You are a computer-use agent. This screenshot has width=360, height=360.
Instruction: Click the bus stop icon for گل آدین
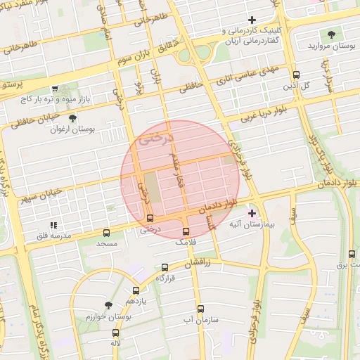296,75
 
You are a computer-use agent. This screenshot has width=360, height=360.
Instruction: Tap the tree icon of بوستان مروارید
331,34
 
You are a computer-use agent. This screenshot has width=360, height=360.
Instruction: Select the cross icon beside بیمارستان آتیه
252,212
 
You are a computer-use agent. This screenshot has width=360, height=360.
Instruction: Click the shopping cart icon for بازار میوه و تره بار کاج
54,89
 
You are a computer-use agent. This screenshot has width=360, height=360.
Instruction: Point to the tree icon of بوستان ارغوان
73,118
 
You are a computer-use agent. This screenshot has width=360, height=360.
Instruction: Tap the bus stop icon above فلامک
186,231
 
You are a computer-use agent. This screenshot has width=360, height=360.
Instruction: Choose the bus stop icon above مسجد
106,232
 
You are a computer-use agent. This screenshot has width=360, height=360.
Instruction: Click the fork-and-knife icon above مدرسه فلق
53,225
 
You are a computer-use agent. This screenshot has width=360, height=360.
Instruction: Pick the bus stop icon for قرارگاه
165,267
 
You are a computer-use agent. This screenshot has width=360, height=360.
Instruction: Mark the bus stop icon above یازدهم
136,290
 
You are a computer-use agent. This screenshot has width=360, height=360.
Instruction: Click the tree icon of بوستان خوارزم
108,305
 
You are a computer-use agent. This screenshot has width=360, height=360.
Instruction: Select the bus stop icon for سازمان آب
200,308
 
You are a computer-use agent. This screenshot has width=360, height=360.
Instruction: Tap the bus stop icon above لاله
115,333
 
